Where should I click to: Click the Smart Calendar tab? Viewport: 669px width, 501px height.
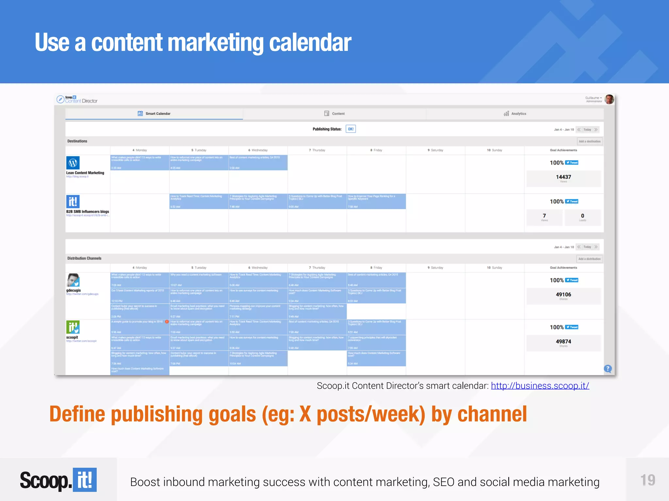[154, 114]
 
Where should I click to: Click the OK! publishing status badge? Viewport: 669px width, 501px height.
[351, 129]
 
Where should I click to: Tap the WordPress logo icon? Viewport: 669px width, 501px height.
[73, 162]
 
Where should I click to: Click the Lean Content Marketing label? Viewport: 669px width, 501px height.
[85, 173]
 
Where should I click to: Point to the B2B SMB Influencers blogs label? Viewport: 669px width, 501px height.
[88, 212]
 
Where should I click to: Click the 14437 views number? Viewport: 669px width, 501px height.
[563, 177]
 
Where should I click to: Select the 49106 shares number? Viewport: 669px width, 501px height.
[563, 295]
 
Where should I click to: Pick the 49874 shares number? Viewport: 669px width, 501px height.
[563, 342]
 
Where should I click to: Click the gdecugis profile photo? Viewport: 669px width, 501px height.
[73, 280]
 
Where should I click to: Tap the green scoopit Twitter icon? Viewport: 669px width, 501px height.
[73, 327]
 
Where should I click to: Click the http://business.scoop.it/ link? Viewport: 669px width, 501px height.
[540, 386]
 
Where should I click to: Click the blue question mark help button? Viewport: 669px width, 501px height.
[608, 369]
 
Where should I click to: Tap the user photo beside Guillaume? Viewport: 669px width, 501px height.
[609, 99]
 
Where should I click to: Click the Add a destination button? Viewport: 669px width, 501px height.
[590, 141]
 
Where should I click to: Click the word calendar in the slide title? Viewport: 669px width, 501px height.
[310, 43]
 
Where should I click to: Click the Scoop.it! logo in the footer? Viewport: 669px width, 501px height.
[58, 480]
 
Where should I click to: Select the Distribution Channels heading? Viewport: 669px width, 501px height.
[84, 258]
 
